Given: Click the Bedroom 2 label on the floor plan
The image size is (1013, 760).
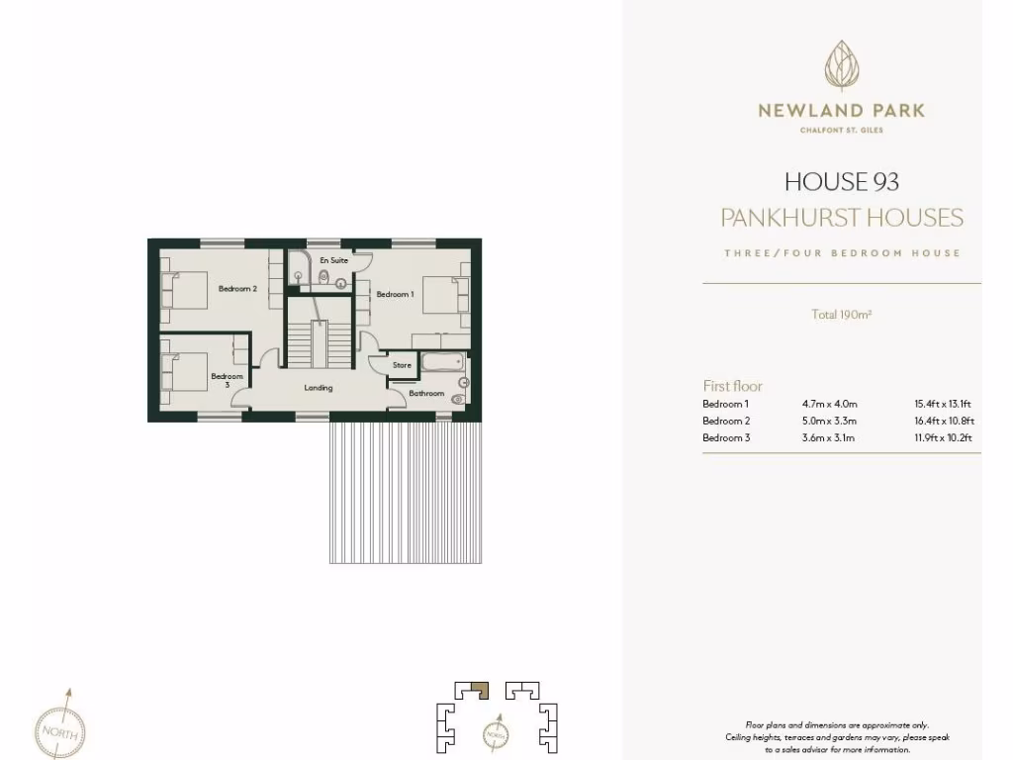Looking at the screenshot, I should (237, 289).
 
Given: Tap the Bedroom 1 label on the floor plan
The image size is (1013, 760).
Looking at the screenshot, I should (395, 294).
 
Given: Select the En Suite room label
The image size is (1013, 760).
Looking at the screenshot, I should (332, 259).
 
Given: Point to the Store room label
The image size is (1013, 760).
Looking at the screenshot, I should (402, 365).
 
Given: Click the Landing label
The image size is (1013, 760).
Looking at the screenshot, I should (319, 388).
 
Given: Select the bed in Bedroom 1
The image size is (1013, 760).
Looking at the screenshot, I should (440, 293).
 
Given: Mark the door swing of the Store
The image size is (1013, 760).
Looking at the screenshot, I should (376, 362).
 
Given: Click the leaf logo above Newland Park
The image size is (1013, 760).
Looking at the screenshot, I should (842, 66).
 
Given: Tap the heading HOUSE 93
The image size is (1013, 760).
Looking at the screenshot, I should (842, 182).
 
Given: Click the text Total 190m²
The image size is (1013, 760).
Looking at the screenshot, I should (841, 316).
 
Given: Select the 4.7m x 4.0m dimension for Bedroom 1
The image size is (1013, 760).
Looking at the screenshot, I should (830, 404).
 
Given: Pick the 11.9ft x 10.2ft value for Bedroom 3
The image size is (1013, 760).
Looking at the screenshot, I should (943, 437).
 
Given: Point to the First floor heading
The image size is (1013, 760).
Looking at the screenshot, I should (732, 386).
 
